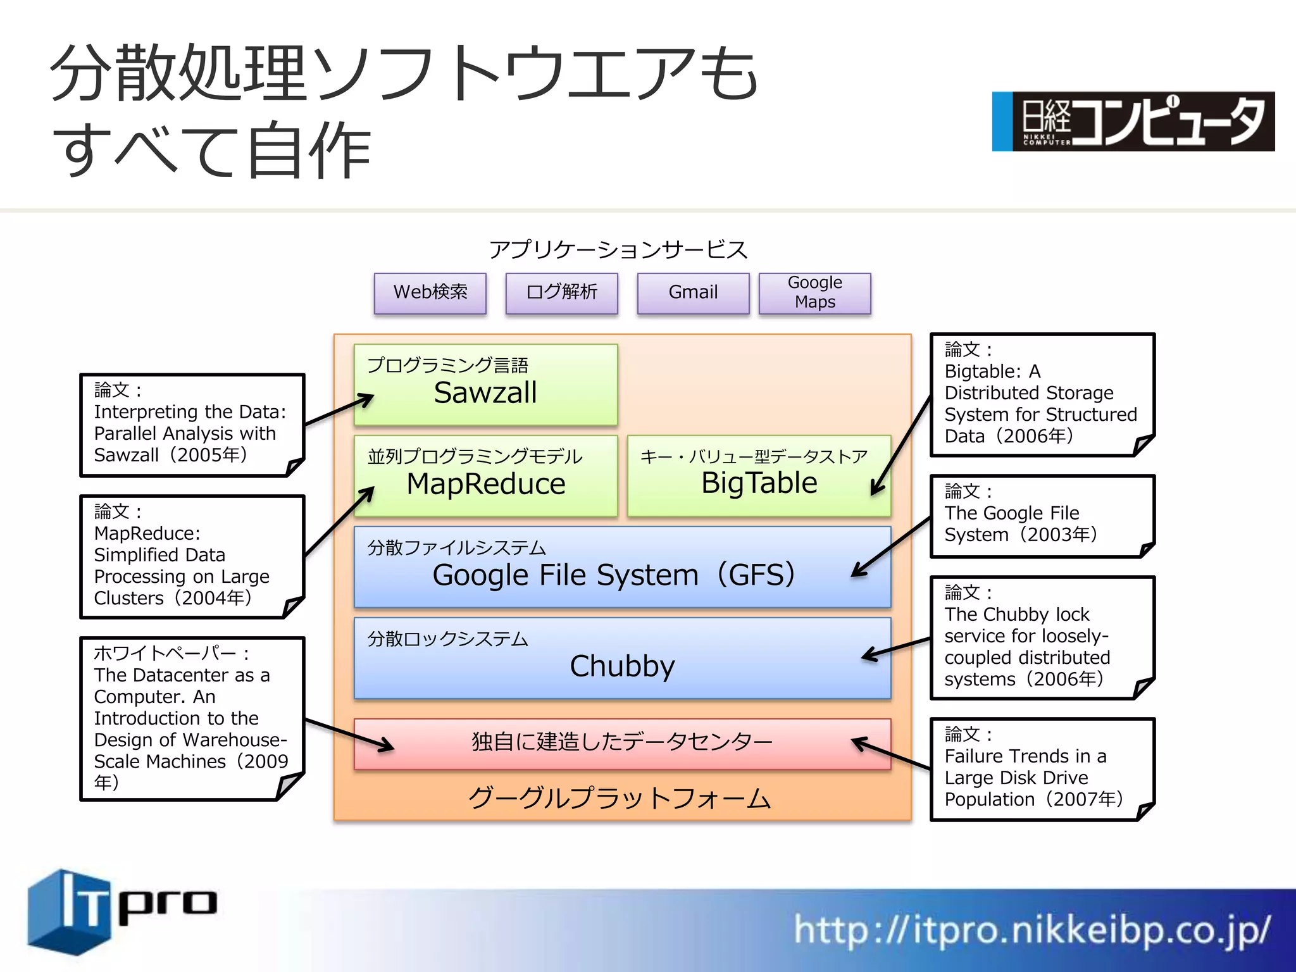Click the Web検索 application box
point(430,292)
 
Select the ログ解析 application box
point(562,292)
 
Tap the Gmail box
point(693,292)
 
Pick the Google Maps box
point(815,292)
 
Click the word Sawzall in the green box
point(485,393)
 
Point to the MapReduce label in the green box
point(486,484)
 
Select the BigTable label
point(759,483)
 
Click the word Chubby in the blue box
point(623,666)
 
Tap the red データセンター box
point(622,743)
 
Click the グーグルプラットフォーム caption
point(620,799)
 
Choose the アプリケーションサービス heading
point(618,250)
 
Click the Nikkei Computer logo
point(1133,121)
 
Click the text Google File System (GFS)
point(614,575)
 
